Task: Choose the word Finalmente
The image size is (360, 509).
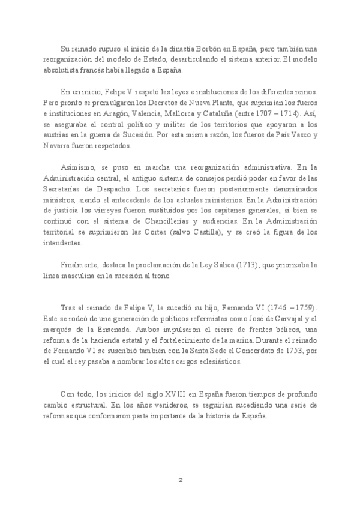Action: [x=83, y=265]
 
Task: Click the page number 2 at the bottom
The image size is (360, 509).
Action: [x=180, y=481]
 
